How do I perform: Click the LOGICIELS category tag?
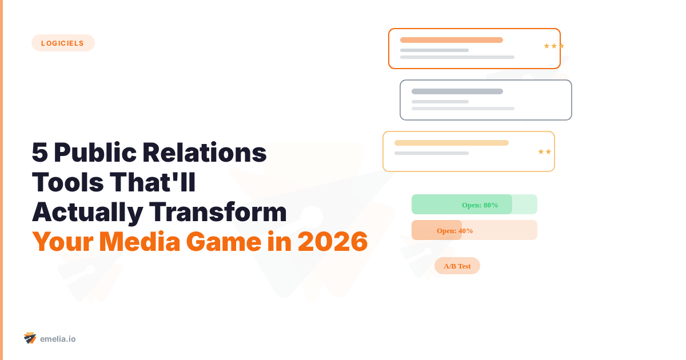[x=63, y=43]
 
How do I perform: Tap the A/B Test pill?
[x=457, y=266]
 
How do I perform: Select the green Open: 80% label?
[x=480, y=205]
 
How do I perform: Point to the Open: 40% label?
[x=454, y=230]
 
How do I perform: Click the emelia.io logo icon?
[x=30, y=338]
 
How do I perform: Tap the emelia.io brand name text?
[x=58, y=339]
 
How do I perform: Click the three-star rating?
[x=553, y=46]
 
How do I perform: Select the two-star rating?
[x=544, y=151]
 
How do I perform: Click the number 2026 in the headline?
[x=332, y=242]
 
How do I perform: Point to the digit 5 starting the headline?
[x=39, y=153]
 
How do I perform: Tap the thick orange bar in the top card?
[x=452, y=40]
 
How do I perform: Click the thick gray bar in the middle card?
[x=457, y=91]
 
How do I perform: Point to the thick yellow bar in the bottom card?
[x=452, y=143]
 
